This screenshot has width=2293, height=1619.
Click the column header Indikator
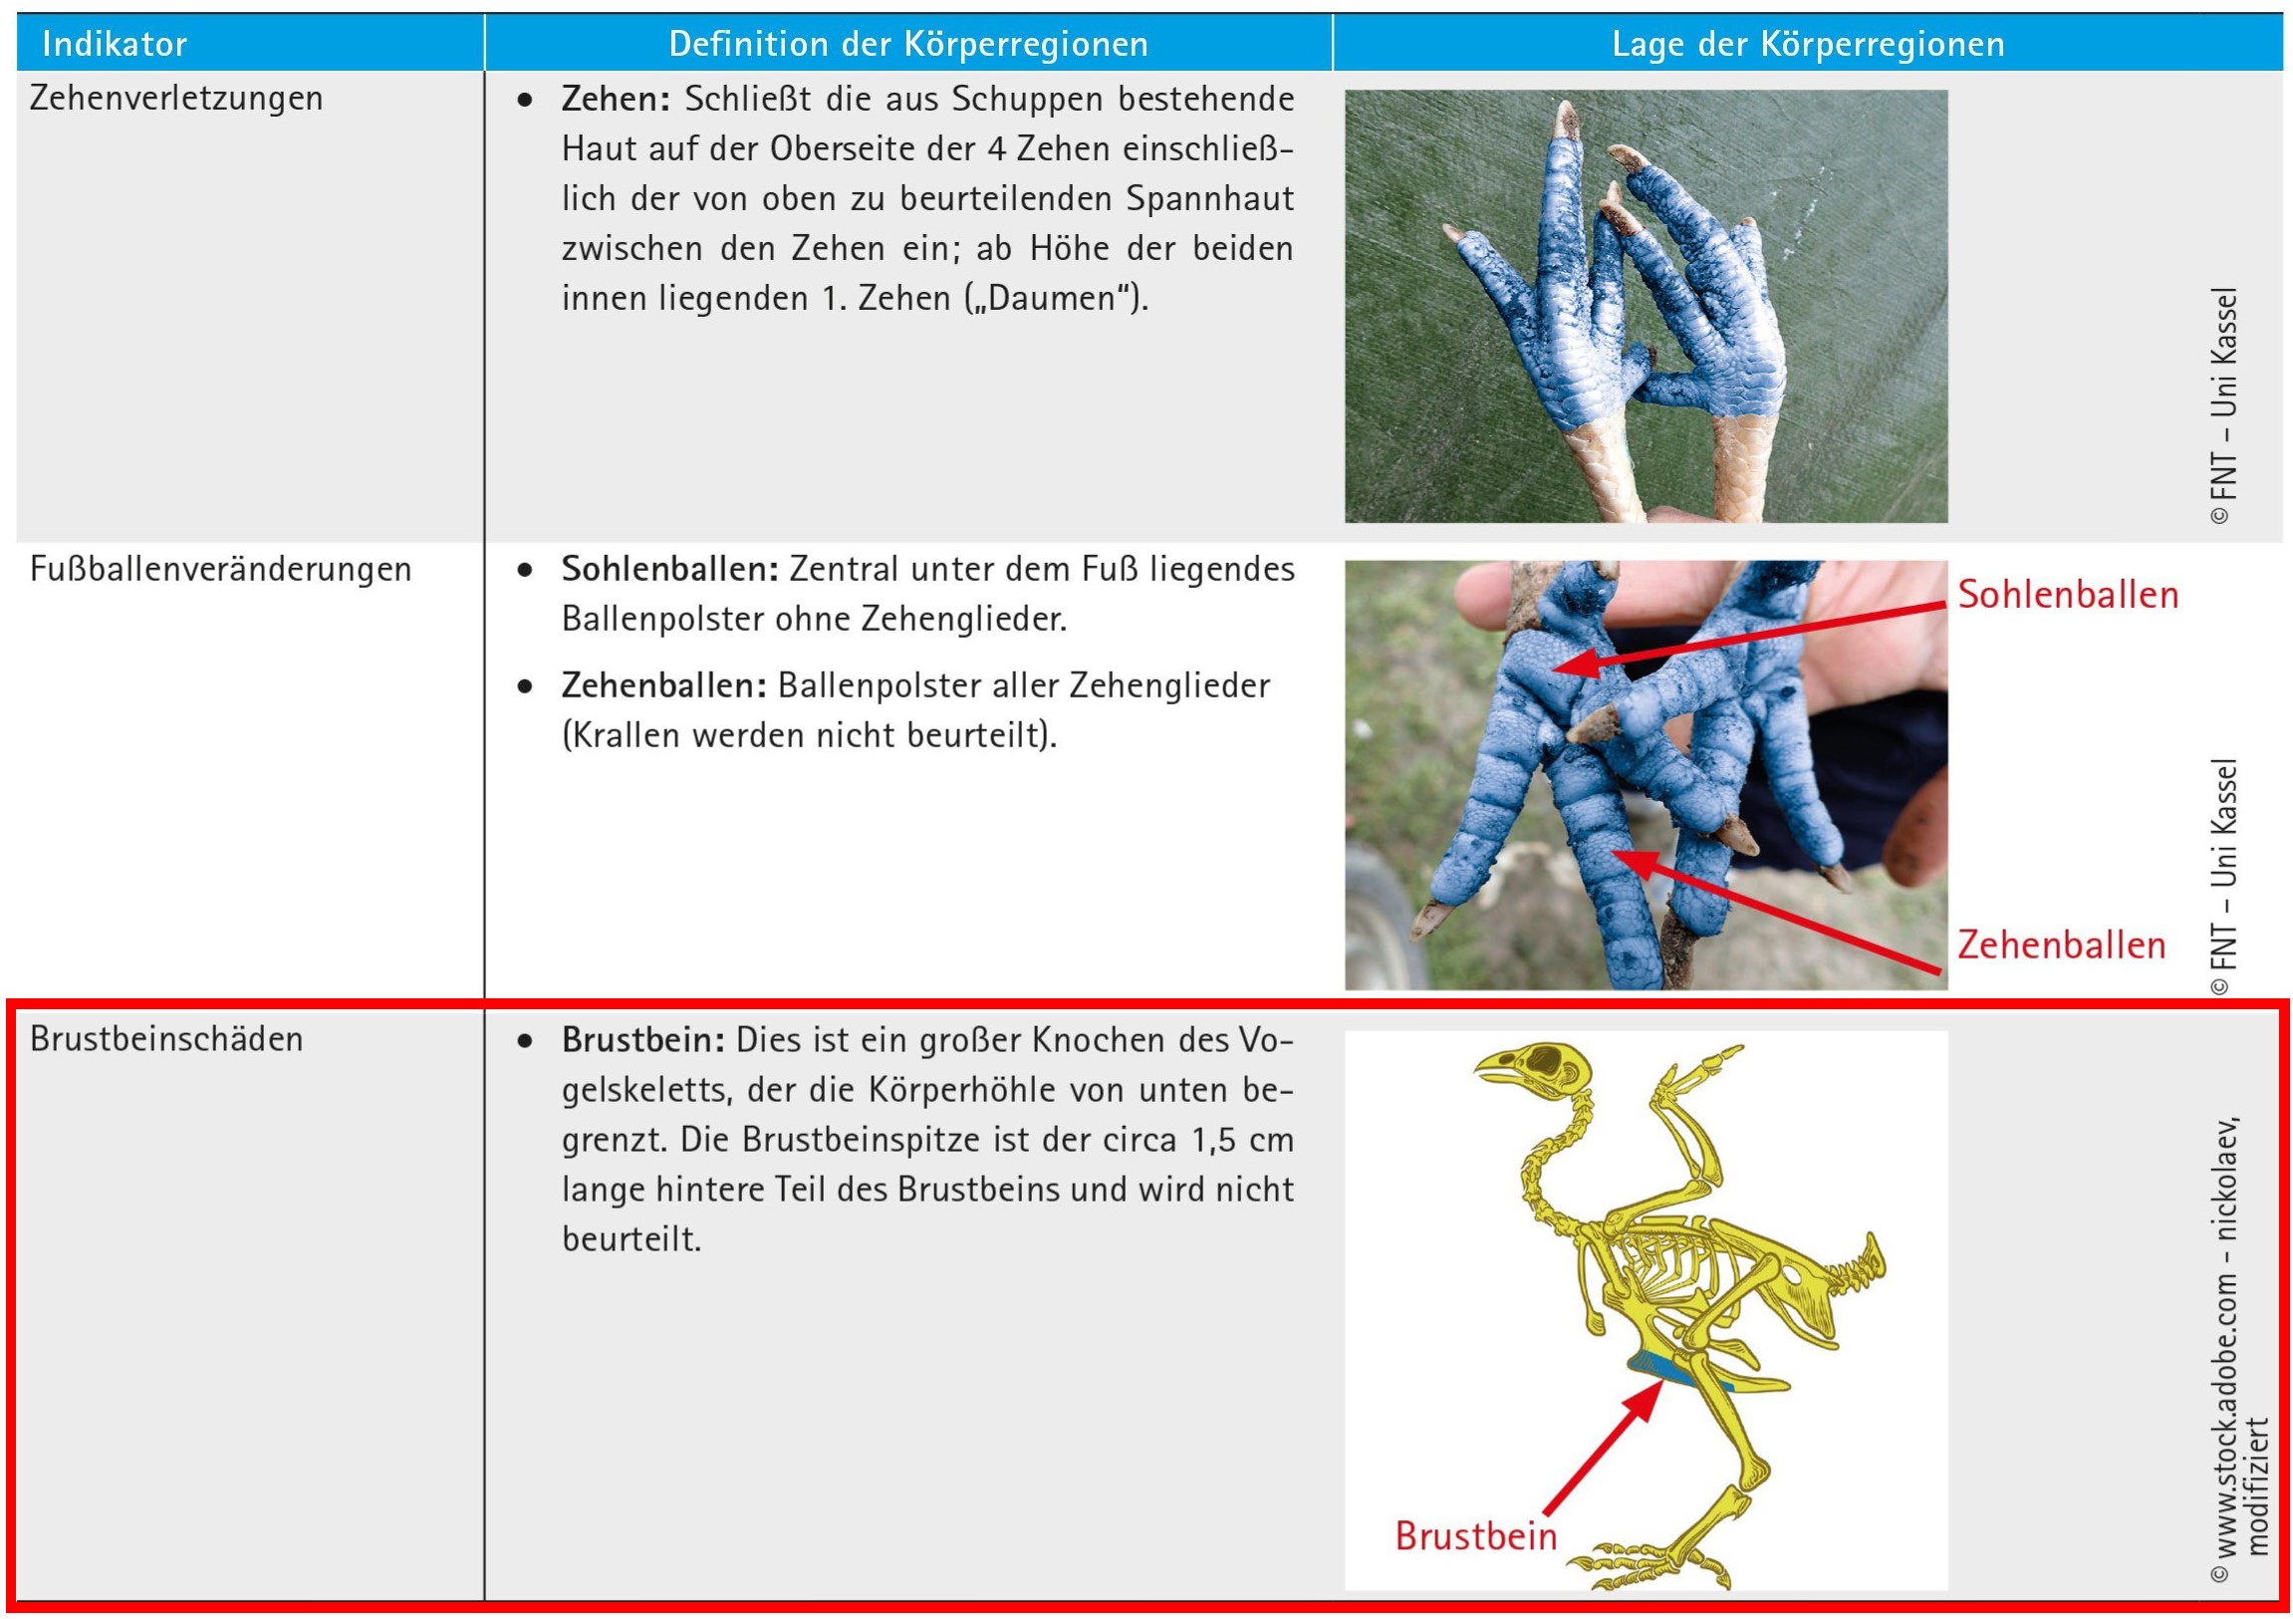pos(114,44)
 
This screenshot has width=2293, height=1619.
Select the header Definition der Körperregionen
pos(907,44)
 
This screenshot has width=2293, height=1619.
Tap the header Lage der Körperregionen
pos(1808,44)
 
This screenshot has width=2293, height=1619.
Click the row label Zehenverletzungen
pos(175,98)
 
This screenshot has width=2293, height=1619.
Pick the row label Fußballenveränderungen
pos(220,568)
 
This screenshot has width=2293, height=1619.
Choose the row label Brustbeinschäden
pos(165,1039)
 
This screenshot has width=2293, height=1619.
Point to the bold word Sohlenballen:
pos(669,568)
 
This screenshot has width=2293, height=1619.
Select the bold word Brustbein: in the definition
pos(643,1040)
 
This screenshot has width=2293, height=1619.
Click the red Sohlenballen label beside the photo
pos(2067,594)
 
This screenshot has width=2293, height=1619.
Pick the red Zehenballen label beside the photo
pos(2061,944)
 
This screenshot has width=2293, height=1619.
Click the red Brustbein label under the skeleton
pos(1475,1536)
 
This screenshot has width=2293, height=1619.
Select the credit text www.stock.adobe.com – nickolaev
pos(2226,1347)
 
